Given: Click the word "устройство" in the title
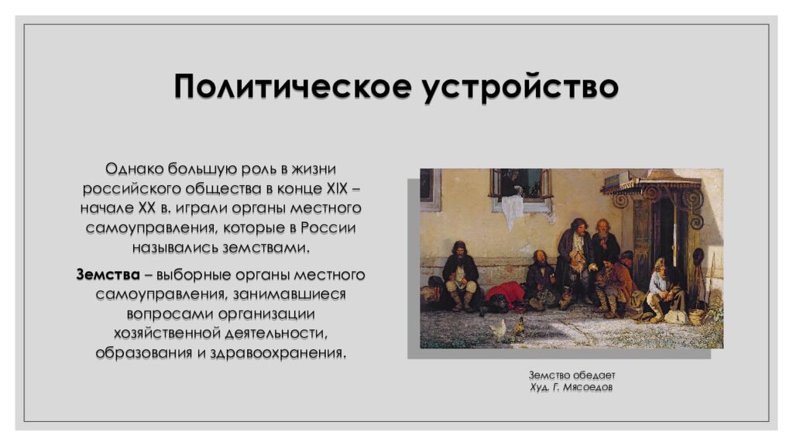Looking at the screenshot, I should tap(520, 87).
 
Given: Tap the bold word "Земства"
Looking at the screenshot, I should tap(108, 275).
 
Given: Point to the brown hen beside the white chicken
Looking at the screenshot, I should tap(518, 326).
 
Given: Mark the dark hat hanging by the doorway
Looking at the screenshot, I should tap(699, 256).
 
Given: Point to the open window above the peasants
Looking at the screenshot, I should tap(520, 184).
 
